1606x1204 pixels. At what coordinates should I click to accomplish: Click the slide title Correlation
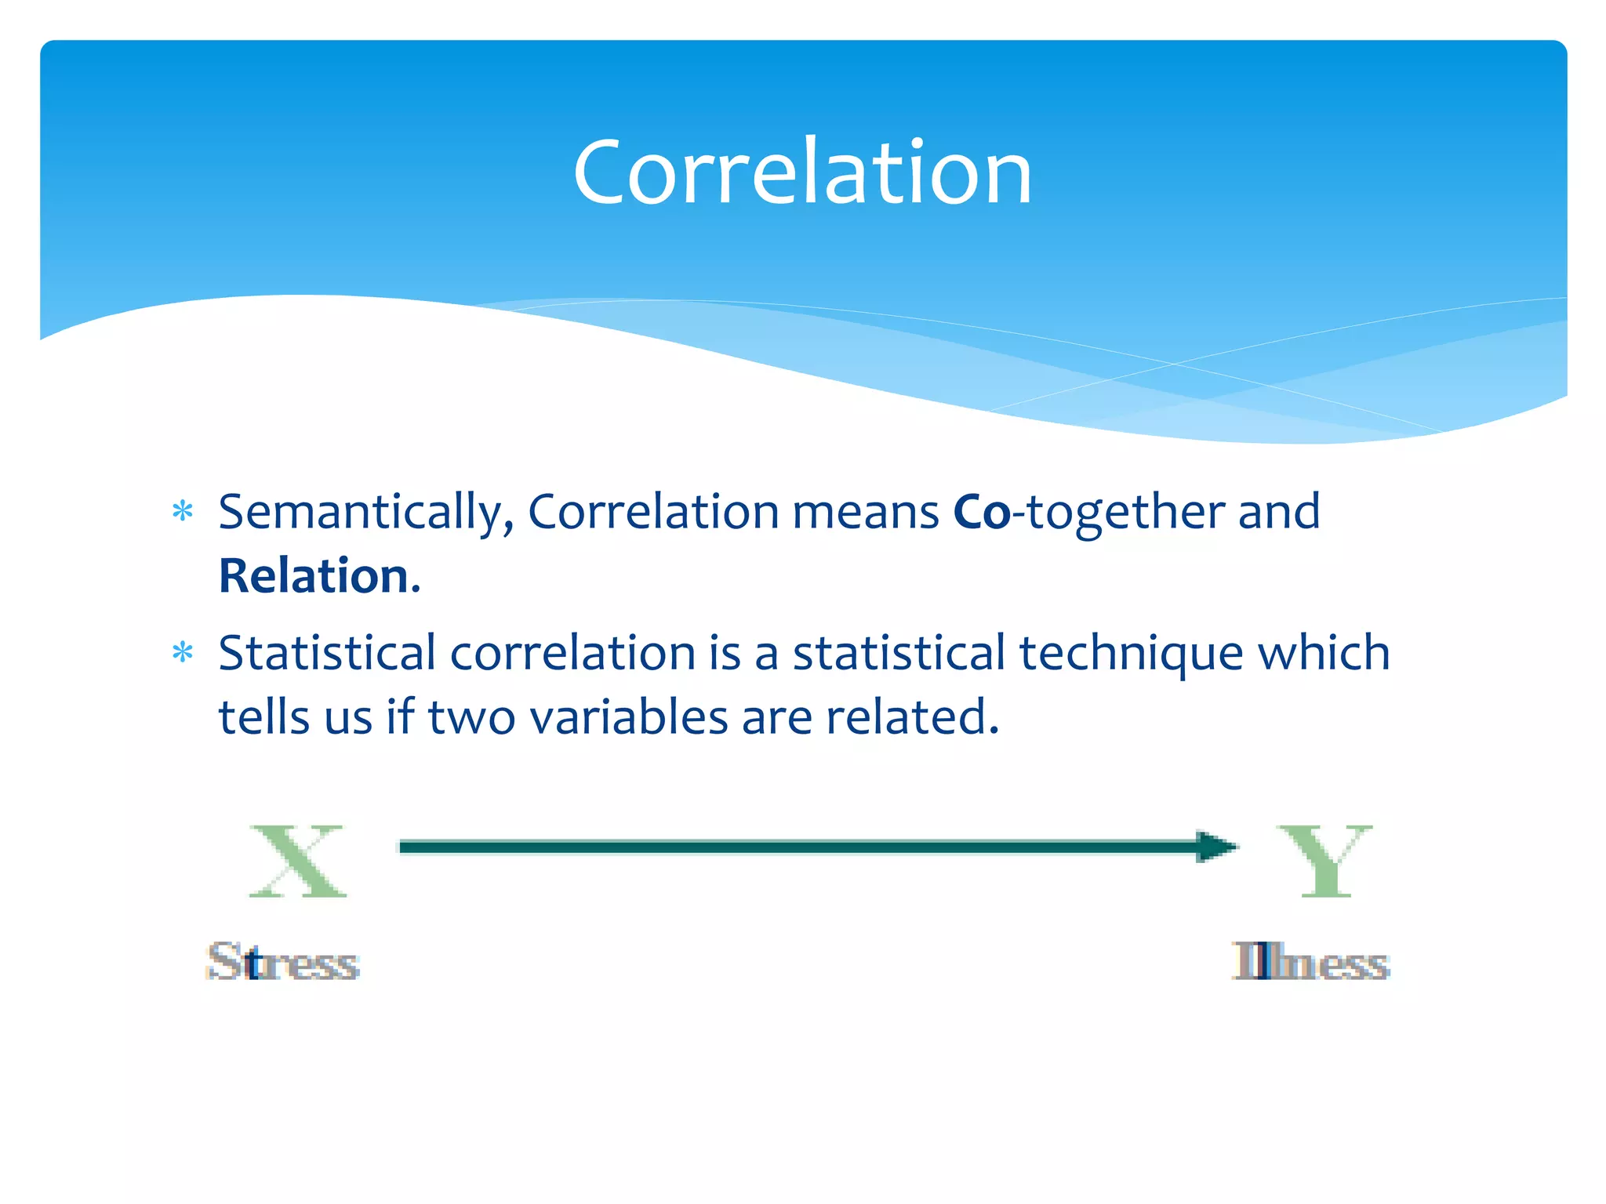point(802,172)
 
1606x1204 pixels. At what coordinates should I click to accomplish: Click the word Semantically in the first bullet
point(365,513)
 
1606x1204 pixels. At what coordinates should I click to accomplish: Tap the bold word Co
point(981,513)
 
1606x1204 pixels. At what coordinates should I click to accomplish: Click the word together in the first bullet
point(1125,513)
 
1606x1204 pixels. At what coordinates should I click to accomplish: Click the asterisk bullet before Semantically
point(183,512)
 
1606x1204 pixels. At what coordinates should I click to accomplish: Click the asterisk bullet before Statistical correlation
point(183,652)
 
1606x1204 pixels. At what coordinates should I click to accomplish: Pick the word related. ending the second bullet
point(912,717)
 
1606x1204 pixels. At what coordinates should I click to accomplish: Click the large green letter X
point(297,861)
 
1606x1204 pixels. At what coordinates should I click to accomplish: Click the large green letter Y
point(1325,861)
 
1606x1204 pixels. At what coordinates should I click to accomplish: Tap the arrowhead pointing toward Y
point(1215,847)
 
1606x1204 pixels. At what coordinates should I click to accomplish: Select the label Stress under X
point(283,962)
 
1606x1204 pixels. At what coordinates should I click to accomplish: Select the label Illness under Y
point(1310,962)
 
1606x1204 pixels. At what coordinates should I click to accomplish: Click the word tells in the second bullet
point(263,717)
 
